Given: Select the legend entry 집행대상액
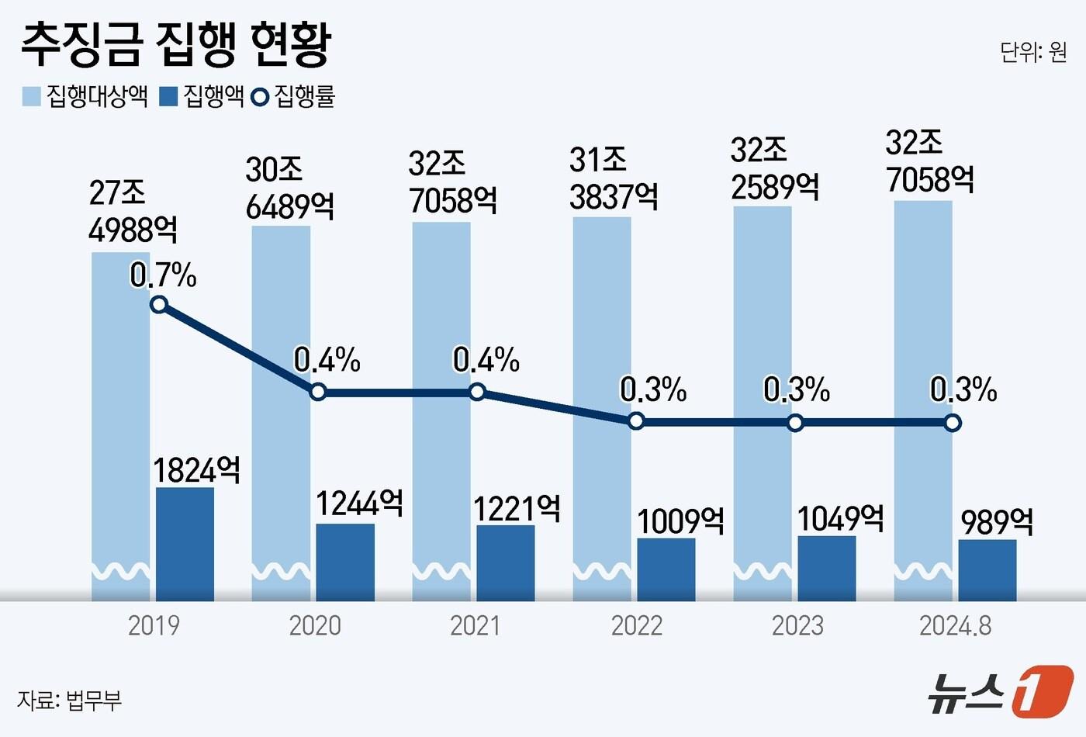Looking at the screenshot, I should pos(85,96).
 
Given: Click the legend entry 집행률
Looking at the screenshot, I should pos(295,96).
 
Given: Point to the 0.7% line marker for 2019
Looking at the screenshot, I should pos(159,304).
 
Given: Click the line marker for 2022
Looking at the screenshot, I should pos(636,421).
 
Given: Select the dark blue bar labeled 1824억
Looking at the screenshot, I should pos(185,543).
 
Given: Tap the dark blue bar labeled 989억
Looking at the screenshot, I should pos(987,570).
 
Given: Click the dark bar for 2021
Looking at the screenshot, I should pos(505,562).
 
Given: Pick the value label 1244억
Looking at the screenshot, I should pos(359,503).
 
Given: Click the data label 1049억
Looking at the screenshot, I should pos(841,518).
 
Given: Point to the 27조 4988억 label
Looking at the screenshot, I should pos(132,211).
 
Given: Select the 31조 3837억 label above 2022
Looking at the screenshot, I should pos(613,178).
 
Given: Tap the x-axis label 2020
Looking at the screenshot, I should pos(314,625).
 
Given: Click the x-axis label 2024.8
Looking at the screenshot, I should pos(955,625).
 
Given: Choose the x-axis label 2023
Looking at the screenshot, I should pos(797,625).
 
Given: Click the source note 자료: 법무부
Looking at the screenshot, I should pos(70,700).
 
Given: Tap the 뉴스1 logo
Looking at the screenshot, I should pos(1000,690).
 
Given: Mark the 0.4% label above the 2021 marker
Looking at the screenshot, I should pos(486,360).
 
